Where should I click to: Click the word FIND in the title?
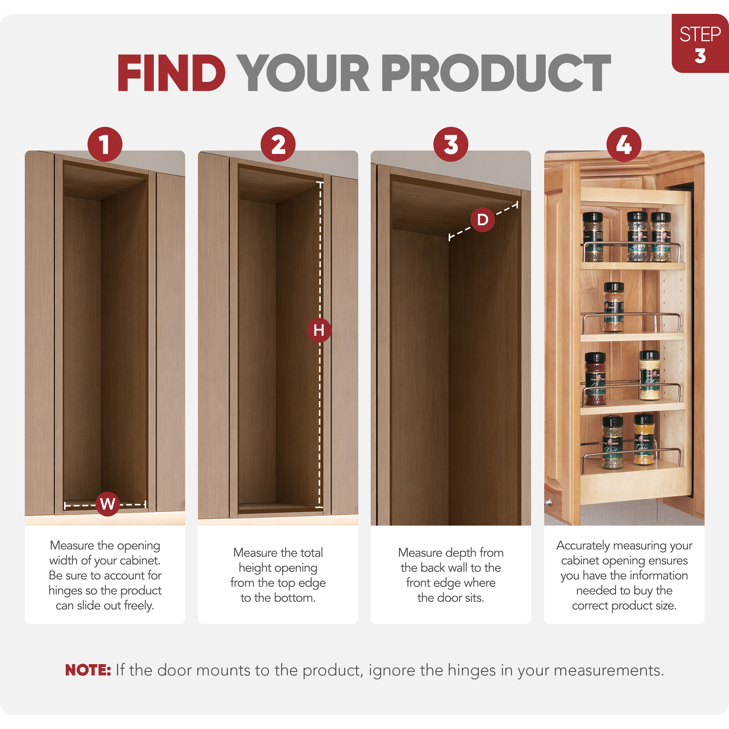(x=171, y=73)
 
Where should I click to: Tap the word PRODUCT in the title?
(x=496, y=73)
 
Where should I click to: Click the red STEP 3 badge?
(x=700, y=43)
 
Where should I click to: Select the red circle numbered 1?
(x=105, y=144)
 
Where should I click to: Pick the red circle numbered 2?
(x=278, y=144)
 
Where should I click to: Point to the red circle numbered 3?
(x=451, y=144)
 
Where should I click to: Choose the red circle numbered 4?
(x=624, y=144)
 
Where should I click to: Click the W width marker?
(x=108, y=504)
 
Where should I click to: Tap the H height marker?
(x=319, y=330)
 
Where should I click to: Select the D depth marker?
(x=483, y=219)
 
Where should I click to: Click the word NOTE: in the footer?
(x=88, y=671)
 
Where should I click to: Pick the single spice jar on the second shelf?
(x=613, y=307)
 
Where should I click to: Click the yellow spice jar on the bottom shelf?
(x=644, y=440)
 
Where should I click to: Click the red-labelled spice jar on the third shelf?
(x=595, y=378)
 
